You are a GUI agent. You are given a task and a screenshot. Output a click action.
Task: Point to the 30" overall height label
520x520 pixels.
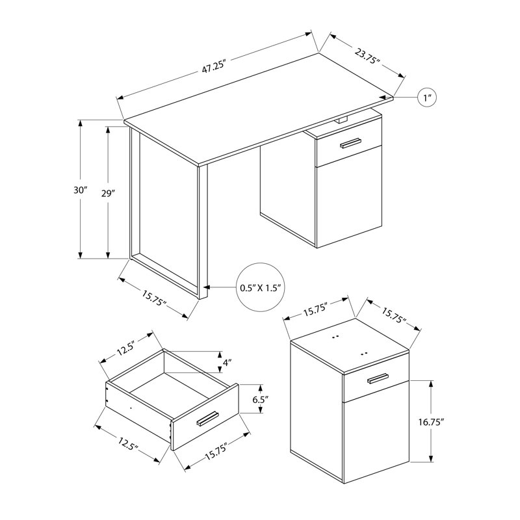coord(81,190)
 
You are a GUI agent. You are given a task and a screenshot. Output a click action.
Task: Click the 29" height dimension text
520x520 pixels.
coord(108,193)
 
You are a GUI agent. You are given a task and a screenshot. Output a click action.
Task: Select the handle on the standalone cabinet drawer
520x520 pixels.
coord(377,379)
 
